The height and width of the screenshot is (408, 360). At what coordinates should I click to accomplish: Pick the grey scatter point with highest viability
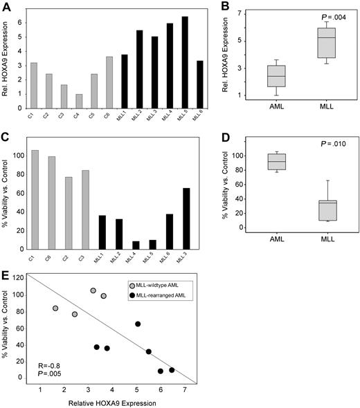click(93, 290)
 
